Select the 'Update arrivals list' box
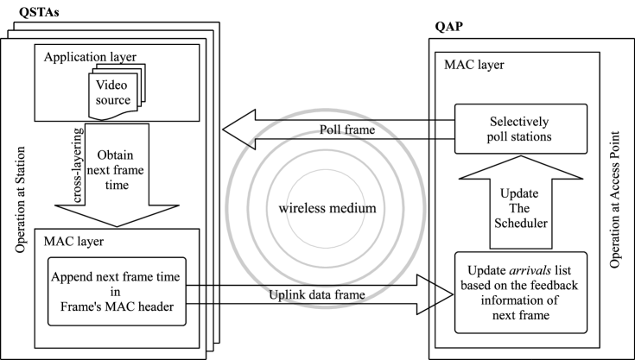coord(521,293)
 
